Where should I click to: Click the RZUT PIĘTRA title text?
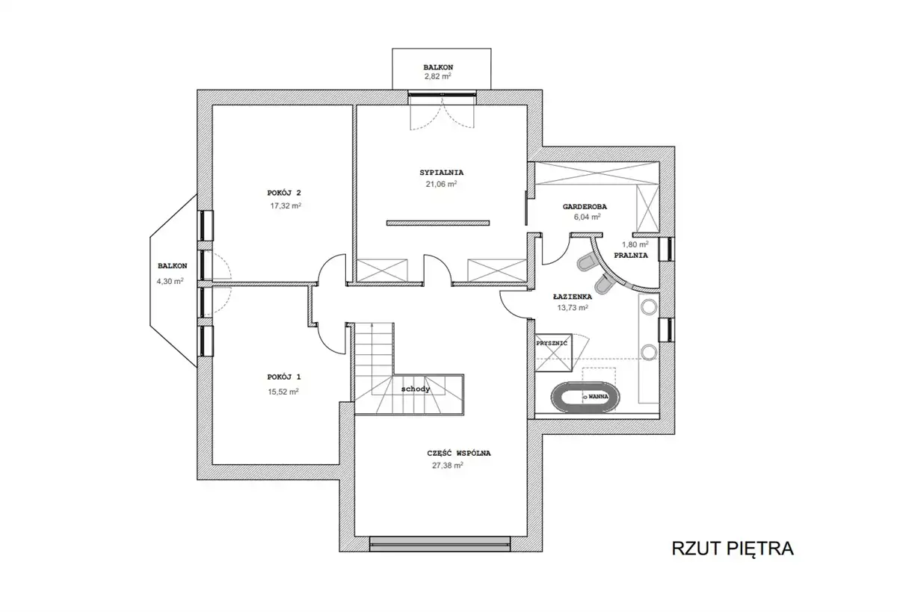click(733, 548)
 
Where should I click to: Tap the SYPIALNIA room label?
click(441, 173)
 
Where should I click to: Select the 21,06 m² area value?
click(441, 184)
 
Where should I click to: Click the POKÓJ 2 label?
click(284, 193)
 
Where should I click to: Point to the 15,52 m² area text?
click(283, 392)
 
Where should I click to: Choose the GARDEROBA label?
click(585, 207)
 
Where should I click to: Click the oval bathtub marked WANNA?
click(585, 397)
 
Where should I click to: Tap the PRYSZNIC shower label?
click(552, 344)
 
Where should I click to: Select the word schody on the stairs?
click(416, 389)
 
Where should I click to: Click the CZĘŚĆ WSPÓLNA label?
click(459, 453)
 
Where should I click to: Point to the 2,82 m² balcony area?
click(438, 76)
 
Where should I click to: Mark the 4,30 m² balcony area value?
click(170, 281)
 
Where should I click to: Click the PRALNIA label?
click(631, 256)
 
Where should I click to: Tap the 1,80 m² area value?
click(635, 244)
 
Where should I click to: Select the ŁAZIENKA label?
click(573, 297)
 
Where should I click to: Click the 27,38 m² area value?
click(448, 465)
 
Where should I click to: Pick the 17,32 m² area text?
click(286, 205)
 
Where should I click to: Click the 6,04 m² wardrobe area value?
click(587, 217)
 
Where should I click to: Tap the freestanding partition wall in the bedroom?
click(438, 223)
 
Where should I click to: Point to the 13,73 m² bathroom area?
click(573, 308)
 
